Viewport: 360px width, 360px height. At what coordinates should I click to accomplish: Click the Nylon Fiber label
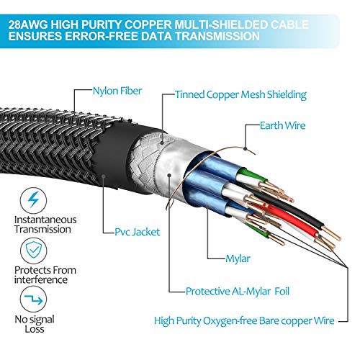(x=117, y=91)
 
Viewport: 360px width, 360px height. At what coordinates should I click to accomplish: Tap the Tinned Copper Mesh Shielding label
(x=240, y=94)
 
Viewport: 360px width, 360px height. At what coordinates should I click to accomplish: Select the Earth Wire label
(x=282, y=125)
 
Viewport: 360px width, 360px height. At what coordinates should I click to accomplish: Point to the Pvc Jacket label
(x=137, y=232)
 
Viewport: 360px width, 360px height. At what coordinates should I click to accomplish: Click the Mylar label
(x=238, y=258)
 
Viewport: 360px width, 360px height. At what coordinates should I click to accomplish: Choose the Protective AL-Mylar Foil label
(x=238, y=292)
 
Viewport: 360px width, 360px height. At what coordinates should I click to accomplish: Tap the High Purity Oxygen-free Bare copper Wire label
(x=244, y=321)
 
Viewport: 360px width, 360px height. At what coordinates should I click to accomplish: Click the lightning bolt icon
(x=33, y=199)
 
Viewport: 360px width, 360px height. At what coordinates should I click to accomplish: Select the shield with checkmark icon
(x=33, y=250)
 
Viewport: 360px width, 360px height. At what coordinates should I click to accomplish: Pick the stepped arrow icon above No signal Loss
(x=33, y=299)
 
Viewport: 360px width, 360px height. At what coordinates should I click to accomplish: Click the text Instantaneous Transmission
(x=45, y=225)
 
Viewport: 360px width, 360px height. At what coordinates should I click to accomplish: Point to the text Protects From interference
(x=45, y=275)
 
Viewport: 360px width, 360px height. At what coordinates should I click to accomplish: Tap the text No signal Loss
(x=35, y=324)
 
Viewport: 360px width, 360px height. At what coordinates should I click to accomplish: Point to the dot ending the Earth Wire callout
(x=245, y=148)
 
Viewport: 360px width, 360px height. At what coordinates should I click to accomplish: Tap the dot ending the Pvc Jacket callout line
(x=104, y=176)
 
